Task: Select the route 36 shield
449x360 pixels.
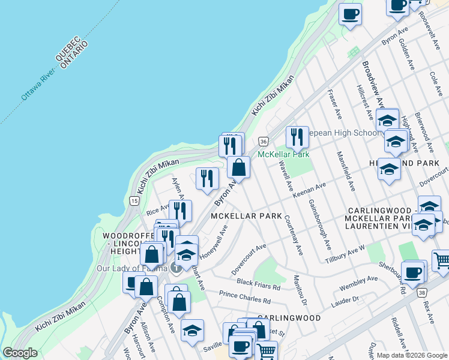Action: click(x=263, y=141)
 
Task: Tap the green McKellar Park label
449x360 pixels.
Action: click(x=283, y=154)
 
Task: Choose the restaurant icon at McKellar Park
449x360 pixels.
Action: click(x=297, y=137)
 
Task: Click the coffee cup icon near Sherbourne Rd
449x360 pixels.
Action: click(x=413, y=272)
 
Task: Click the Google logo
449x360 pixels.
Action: click(x=20, y=353)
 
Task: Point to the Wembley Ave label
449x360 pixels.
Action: click(x=358, y=283)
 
